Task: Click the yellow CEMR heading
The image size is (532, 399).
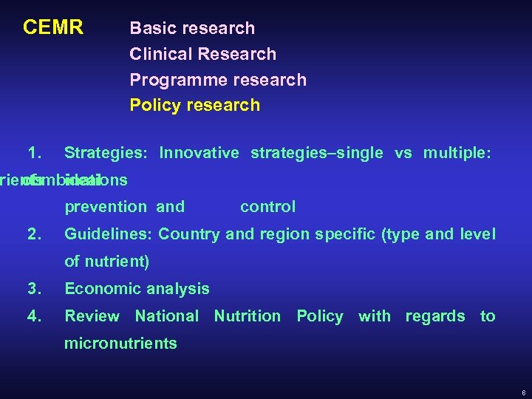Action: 53,28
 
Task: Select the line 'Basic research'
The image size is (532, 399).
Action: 192,28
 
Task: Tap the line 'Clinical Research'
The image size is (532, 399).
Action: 202,54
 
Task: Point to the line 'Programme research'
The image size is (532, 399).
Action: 217,80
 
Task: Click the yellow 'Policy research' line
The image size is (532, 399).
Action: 195,105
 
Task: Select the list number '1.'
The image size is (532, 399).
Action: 34,153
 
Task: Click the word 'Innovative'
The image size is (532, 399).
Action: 199,153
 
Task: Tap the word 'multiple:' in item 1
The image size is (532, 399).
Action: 457,153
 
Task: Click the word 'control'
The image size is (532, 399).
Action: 267,207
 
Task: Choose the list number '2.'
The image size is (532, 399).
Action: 34,235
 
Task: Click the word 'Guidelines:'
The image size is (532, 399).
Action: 109,235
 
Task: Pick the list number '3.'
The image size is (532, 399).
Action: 34,289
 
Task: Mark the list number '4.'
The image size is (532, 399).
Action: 34,316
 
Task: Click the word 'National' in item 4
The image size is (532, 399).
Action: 167,316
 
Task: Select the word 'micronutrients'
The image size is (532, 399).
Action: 120,344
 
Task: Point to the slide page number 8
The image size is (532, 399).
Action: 522,391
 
